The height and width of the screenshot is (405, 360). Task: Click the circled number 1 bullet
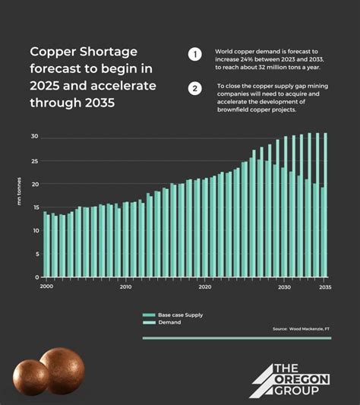pos(194,54)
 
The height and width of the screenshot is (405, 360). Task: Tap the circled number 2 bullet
pos(194,88)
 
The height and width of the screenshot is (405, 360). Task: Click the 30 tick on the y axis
pos(35,137)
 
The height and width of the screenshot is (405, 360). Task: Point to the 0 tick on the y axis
pos(36,277)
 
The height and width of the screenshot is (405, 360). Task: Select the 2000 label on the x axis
pos(46,286)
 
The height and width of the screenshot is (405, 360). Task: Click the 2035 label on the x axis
pos(324,286)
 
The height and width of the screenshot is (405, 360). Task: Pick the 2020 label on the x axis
pos(205,286)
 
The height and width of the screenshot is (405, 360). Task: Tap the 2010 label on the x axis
pos(125,286)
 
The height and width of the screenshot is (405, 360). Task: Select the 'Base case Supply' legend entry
pos(179,315)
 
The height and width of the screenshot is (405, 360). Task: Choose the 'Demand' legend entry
pos(168,322)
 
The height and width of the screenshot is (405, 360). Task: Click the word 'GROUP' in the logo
pos(305,391)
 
